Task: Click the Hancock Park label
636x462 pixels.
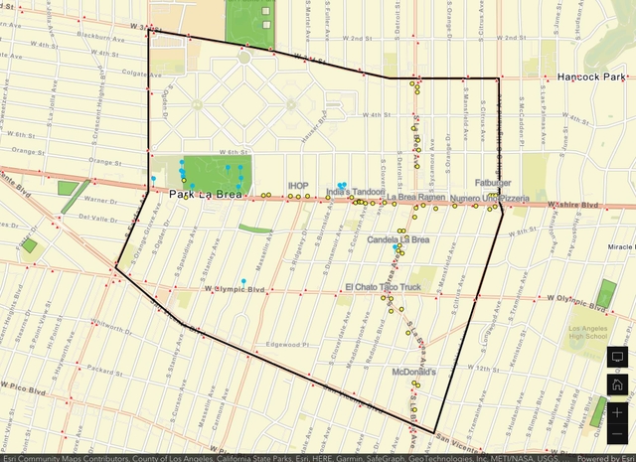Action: click(589, 76)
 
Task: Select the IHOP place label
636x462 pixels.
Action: click(298, 186)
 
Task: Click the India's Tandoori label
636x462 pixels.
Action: click(355, 192)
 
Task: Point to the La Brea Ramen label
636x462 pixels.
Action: click(415, 198)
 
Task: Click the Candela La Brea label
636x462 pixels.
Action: click(398, 239)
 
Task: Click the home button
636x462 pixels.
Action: click(617, 384)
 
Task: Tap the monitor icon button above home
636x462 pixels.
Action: click(617, 357)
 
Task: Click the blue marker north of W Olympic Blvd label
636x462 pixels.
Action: click(243, 282)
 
